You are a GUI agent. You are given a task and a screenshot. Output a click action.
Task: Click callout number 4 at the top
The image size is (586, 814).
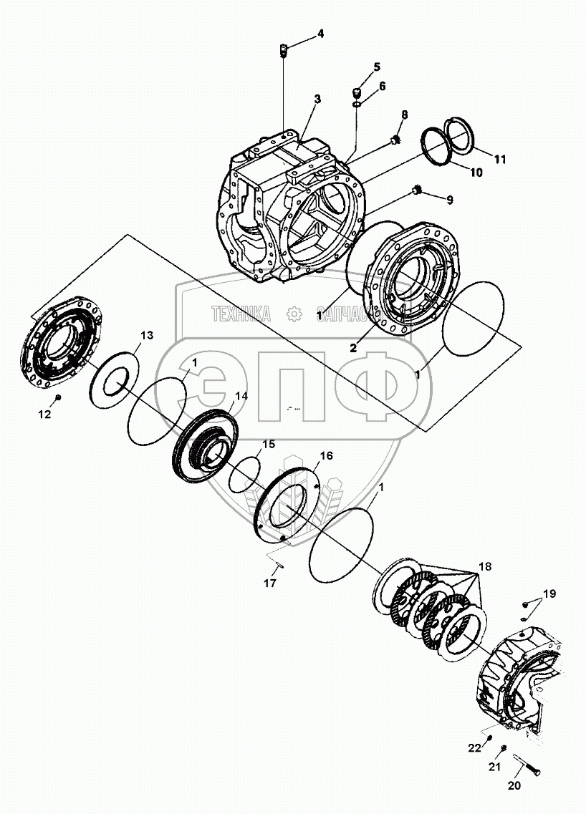(320, 34)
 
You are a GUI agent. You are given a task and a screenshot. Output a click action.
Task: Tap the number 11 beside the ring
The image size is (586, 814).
(499, 159)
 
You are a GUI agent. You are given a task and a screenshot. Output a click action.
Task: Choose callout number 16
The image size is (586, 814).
(326, 455)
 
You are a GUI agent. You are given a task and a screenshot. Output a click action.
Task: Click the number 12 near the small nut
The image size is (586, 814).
(44, 415)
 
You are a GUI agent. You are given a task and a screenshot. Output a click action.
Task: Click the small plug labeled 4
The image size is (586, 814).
(283, 50)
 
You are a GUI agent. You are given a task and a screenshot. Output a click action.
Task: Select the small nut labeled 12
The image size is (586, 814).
(58, 397)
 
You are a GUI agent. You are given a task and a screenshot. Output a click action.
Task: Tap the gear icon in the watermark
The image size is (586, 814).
(293, 313)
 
